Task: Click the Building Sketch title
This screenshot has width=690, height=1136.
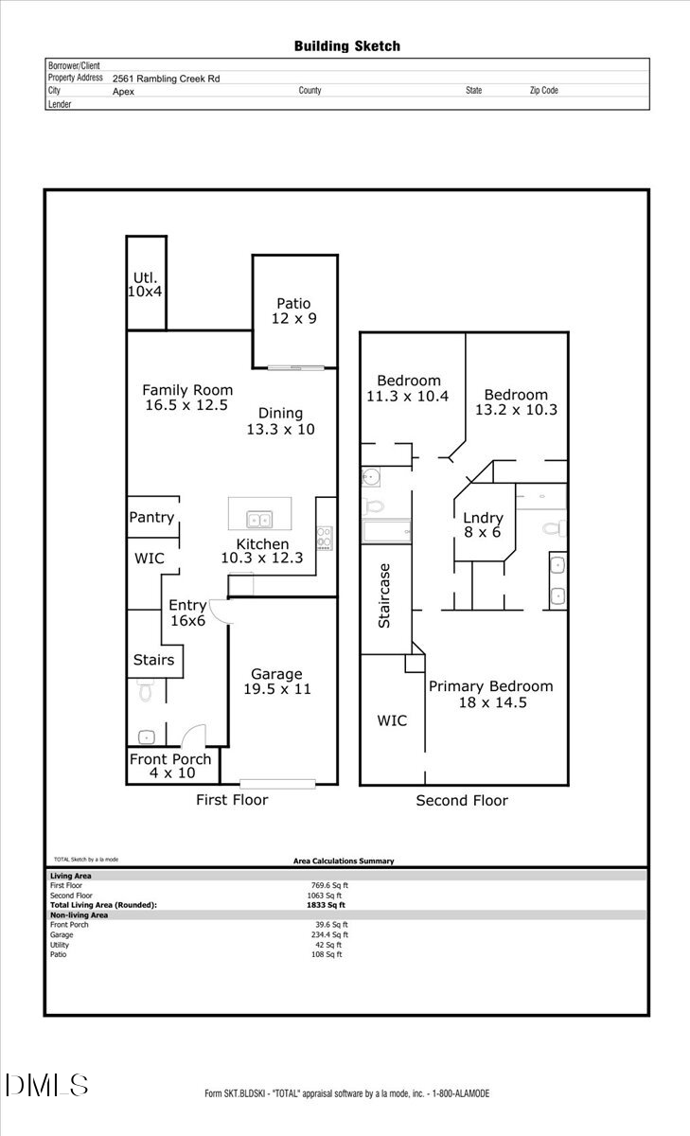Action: (x=346, y=45)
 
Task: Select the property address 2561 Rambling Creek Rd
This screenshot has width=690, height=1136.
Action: (x=166, y=80)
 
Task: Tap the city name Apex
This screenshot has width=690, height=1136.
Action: (x=123, y=92)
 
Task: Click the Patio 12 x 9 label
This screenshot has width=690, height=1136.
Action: (x=293, y=311)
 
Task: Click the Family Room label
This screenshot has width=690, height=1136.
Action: (x=187, y=398)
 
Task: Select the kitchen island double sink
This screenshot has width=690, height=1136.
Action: (x=258, y=519)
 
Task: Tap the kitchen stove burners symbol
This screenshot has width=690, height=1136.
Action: (x=325, y=537)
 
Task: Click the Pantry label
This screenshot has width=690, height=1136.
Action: (x=151, y=517)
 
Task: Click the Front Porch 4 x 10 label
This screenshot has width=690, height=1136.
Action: (x=170, y=766)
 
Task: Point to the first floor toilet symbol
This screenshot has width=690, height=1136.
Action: (x=145, y=691)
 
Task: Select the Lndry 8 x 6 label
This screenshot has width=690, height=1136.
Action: (x=483, y=525)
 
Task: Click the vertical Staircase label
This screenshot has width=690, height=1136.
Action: (x=384, y=596)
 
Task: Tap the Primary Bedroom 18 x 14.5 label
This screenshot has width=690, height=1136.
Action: (x=490, y=694)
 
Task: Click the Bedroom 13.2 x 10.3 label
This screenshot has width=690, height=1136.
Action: (x=516, y=402)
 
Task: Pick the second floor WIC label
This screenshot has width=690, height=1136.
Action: (x=392, y=720)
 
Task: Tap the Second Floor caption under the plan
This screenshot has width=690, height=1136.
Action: (x=462, y=801)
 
